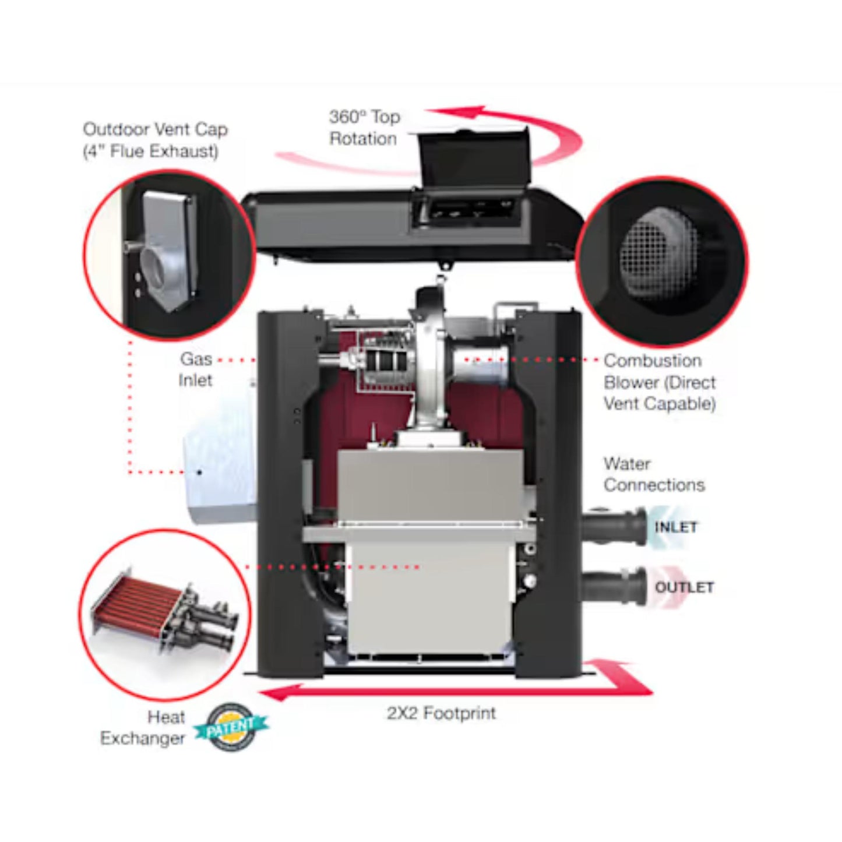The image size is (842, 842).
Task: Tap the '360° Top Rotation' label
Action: pyautogui.click(x=364, y=128)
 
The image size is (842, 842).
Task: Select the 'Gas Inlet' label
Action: pyautogui.click(x=196, y=369)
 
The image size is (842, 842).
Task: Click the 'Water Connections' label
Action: pyautogui.click(x=654, y=474)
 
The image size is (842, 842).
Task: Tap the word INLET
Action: pyautogui.click(x=675, y=527)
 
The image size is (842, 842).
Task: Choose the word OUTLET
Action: pyautogui.click(x=684, y=587)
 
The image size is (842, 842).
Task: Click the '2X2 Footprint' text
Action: pyautogui.click(x=441, y=713)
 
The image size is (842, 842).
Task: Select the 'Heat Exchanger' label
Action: pyautogui.click(x=143, y=728)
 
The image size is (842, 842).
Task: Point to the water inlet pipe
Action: pyautogui.click(x=615, y=526)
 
